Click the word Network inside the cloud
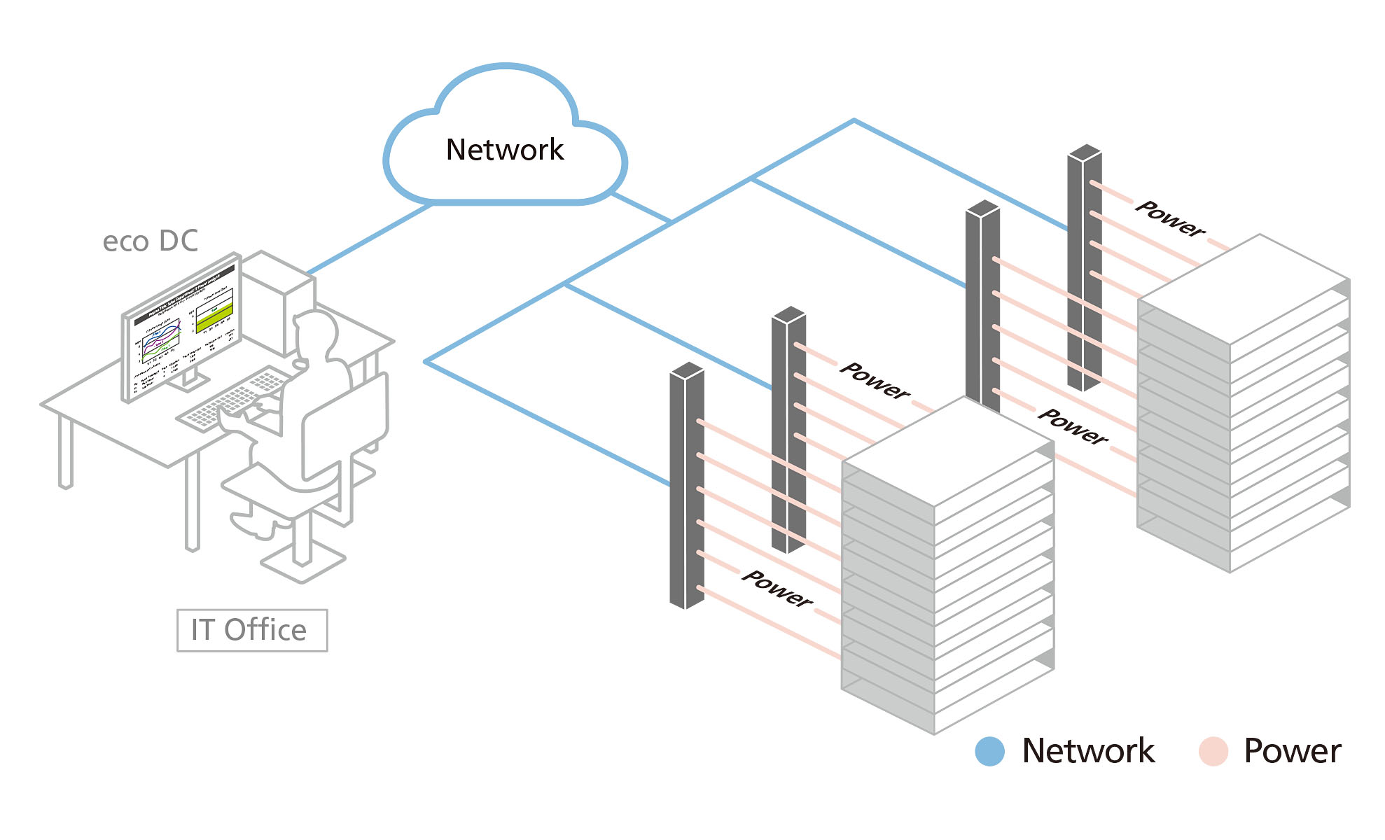(x=504, y=150)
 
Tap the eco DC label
(x=150, y=241)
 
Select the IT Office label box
(x=251, y=630)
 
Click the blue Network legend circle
(x=989, y=751)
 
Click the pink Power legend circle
(x=1213, y=751)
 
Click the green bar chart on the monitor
(x=214, y=318)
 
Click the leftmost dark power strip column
(x=686, y=486)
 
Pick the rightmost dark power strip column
(x=1084, y=269)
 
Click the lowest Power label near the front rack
(x=777, y=589)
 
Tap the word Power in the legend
(x=1292, y=751)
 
